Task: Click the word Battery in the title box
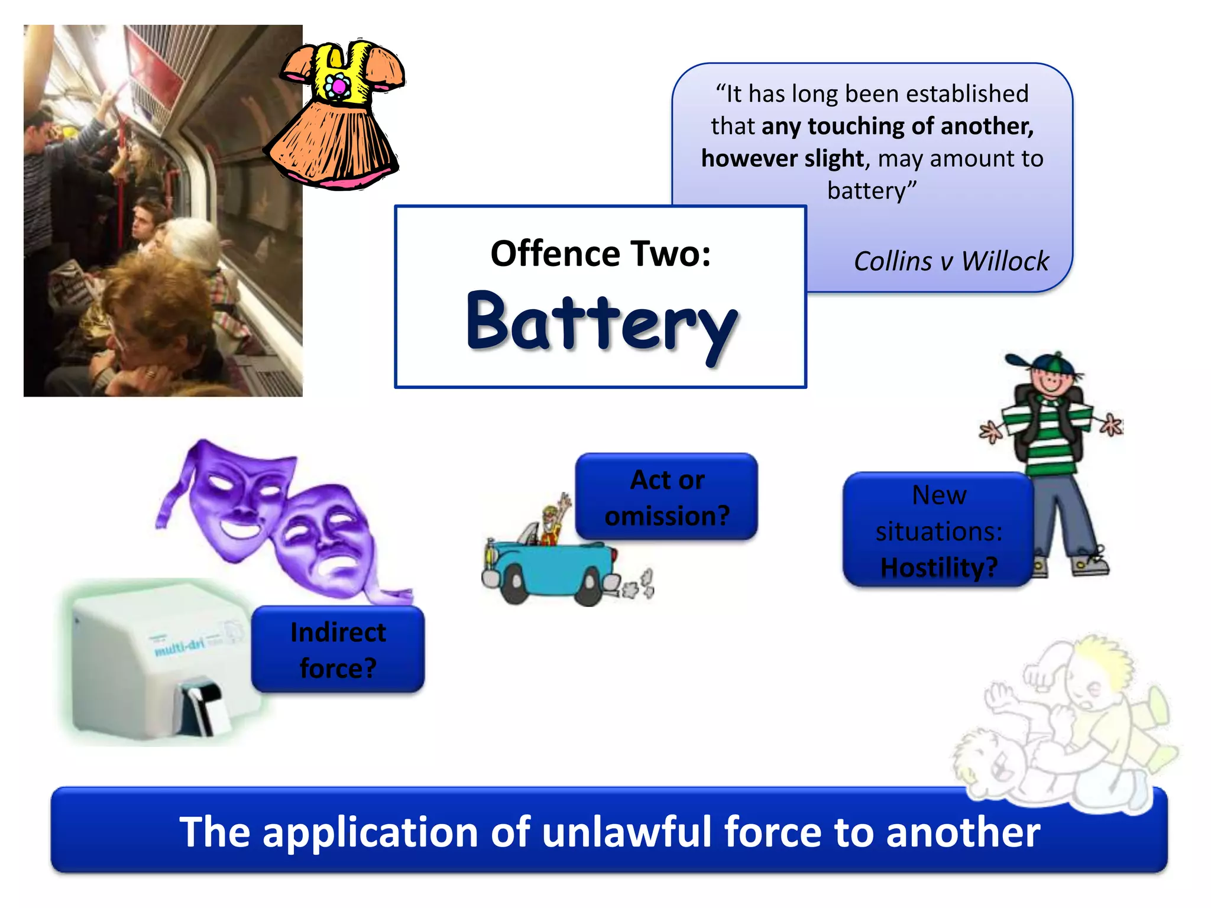pyautogui.click(x=601, y=322)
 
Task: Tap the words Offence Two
pyautogui.click(x=600, y=254)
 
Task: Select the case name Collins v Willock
pyautogui.click(x=951, y=261)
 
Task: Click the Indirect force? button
pyautogui.click(x=338, y=649)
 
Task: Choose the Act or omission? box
pyautogui.click(x=666, y=497)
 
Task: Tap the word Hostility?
pyautogui.click(x=938, y=567)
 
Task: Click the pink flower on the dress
pyautogui.click(x=339, y=87)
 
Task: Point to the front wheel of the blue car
pyautogui.click(x=513, y=582)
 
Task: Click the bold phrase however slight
pyautogui.click(x=782, y=158)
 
